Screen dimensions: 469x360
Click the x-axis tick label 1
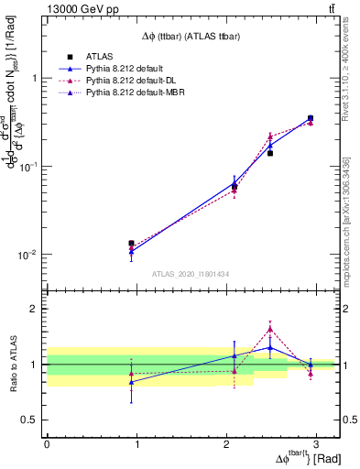(136, 445)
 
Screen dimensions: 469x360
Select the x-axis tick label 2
(226, 445)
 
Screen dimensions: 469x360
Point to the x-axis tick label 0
(47, 445)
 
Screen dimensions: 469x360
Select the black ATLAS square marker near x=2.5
(270, 153)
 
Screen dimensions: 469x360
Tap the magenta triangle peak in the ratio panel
(270, 329)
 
